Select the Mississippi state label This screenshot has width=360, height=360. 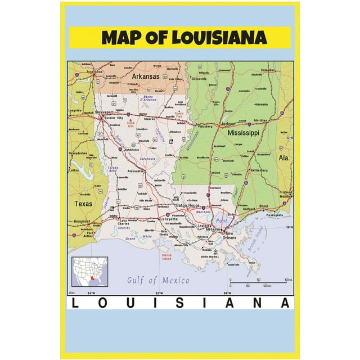click(243, 133)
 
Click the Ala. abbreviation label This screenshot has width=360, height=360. click(285, 158)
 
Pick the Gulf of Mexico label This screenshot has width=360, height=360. click(158, 280)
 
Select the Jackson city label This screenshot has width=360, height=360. click(228, 123)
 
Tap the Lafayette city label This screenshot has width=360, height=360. click(168, 219)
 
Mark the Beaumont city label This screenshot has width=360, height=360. click(82, 222)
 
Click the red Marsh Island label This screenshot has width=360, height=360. click(166, 258)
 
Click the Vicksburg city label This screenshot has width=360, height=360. click(205, 127)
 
